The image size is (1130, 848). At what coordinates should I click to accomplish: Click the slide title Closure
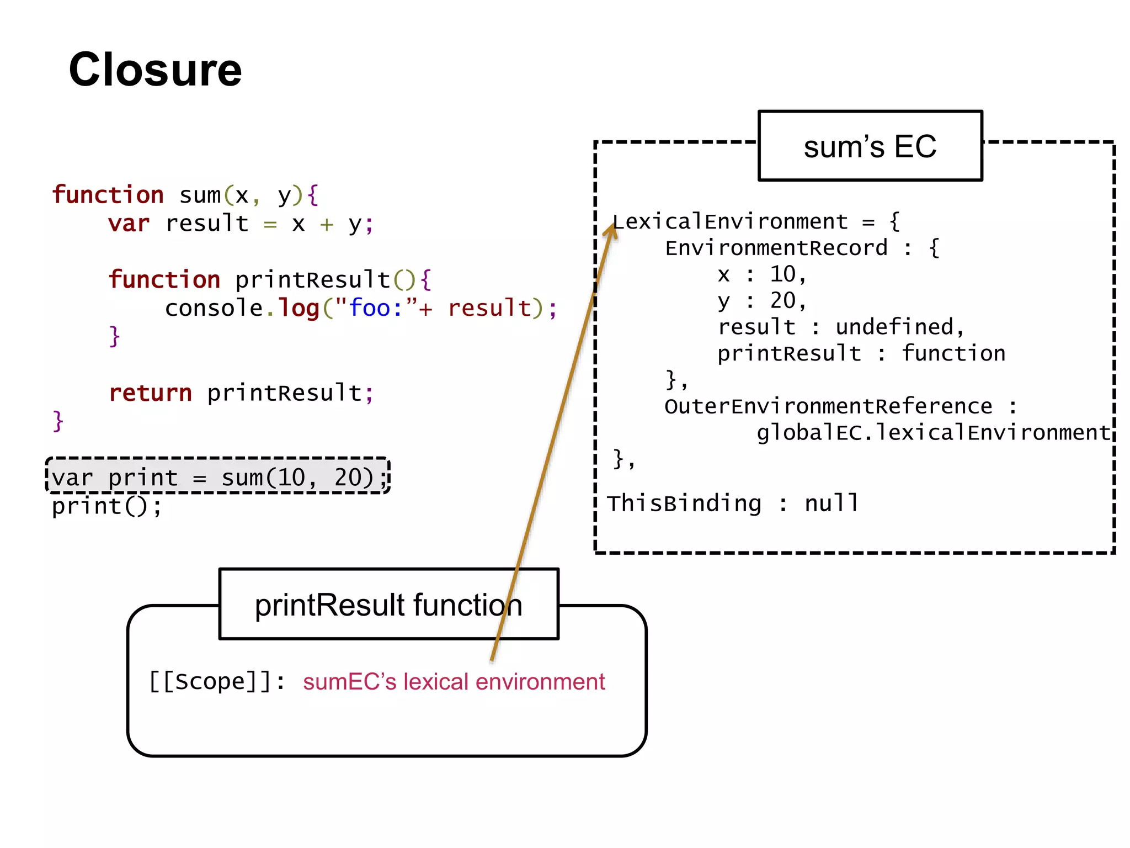[155, 70]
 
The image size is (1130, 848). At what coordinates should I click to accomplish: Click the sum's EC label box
[870, 146]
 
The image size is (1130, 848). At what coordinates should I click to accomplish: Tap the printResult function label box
[388, 605]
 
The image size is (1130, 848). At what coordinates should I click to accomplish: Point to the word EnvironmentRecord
[776, 248]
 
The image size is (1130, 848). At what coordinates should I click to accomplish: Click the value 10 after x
[783, 274]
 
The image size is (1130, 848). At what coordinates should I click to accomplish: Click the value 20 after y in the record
[783, 301]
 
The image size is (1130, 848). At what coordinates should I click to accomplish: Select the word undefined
[894, 327]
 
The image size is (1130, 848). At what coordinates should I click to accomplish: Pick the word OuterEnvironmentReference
[828, 407]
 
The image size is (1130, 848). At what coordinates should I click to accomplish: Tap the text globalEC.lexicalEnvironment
[933, 433]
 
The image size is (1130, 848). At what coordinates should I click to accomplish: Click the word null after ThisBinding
[831, 504]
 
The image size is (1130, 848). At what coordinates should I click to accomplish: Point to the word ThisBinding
[684, 504]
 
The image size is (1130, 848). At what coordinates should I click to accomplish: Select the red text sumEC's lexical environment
[454, 682]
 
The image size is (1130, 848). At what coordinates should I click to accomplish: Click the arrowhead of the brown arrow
[611, 227]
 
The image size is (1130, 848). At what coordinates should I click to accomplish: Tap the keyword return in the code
[151, 393]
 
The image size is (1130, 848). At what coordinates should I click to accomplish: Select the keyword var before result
[129, 224]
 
